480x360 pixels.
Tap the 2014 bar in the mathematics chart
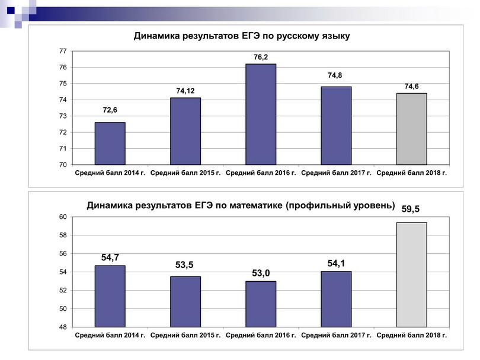pos(110,296)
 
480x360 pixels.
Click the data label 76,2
pos(261,57)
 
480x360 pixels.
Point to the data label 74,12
pos(185,91)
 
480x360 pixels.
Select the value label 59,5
pos(411,209)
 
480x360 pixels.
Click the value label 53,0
pos(260,273)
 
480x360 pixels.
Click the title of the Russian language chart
pos(242,36)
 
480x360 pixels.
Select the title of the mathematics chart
pos(241,206)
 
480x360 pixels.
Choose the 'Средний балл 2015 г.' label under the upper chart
pos(185,173)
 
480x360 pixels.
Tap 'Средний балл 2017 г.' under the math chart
pos(336,336)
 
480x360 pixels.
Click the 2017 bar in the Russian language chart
pos(336,125)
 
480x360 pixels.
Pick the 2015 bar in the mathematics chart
pos(185,302)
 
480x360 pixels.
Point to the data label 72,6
pos(110,110)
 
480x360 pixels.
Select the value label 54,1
pos(337,263)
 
